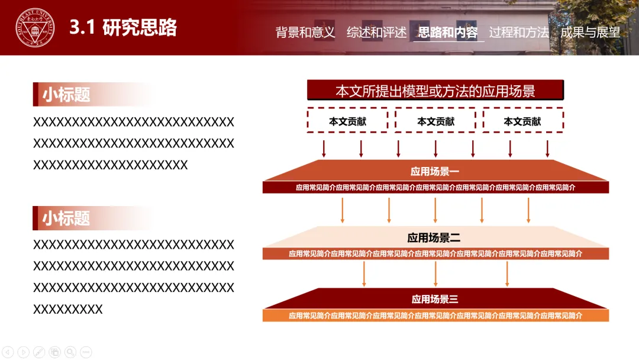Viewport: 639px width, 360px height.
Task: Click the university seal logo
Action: tap(35, 28)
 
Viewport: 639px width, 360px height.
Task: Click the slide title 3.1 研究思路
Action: tap(123, 28)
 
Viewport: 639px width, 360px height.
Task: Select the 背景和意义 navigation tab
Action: tap(305, 33)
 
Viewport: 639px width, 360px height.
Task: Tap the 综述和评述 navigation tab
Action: tap(377, 33)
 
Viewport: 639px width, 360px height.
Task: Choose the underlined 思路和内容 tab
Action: tap(448, 33)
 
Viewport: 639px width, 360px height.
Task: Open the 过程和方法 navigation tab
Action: tap(519, 33)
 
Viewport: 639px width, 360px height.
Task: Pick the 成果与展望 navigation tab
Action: tap(590, 33)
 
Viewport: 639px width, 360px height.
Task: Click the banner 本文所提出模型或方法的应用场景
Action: tap(435, 91)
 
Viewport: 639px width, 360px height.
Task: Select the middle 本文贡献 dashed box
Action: tap(435, 121)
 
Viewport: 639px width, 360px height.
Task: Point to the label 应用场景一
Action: tap(435, 172)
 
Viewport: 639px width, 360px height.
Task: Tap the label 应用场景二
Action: tap(435, 238)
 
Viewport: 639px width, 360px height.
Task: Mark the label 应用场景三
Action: tap(435, 299)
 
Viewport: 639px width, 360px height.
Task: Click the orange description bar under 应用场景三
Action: tap(435, 316)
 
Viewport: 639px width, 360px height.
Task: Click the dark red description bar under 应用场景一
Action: tap(435, 188)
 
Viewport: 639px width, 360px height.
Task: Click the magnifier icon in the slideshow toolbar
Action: tap(70, 352)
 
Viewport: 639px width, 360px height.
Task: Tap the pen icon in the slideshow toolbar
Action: tap(39, 352)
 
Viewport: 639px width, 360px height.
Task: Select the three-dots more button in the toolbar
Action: tap(86, 352)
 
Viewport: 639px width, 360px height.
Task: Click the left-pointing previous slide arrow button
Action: tap(8, 352)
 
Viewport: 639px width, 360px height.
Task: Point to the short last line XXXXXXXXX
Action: tap(68, 309)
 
